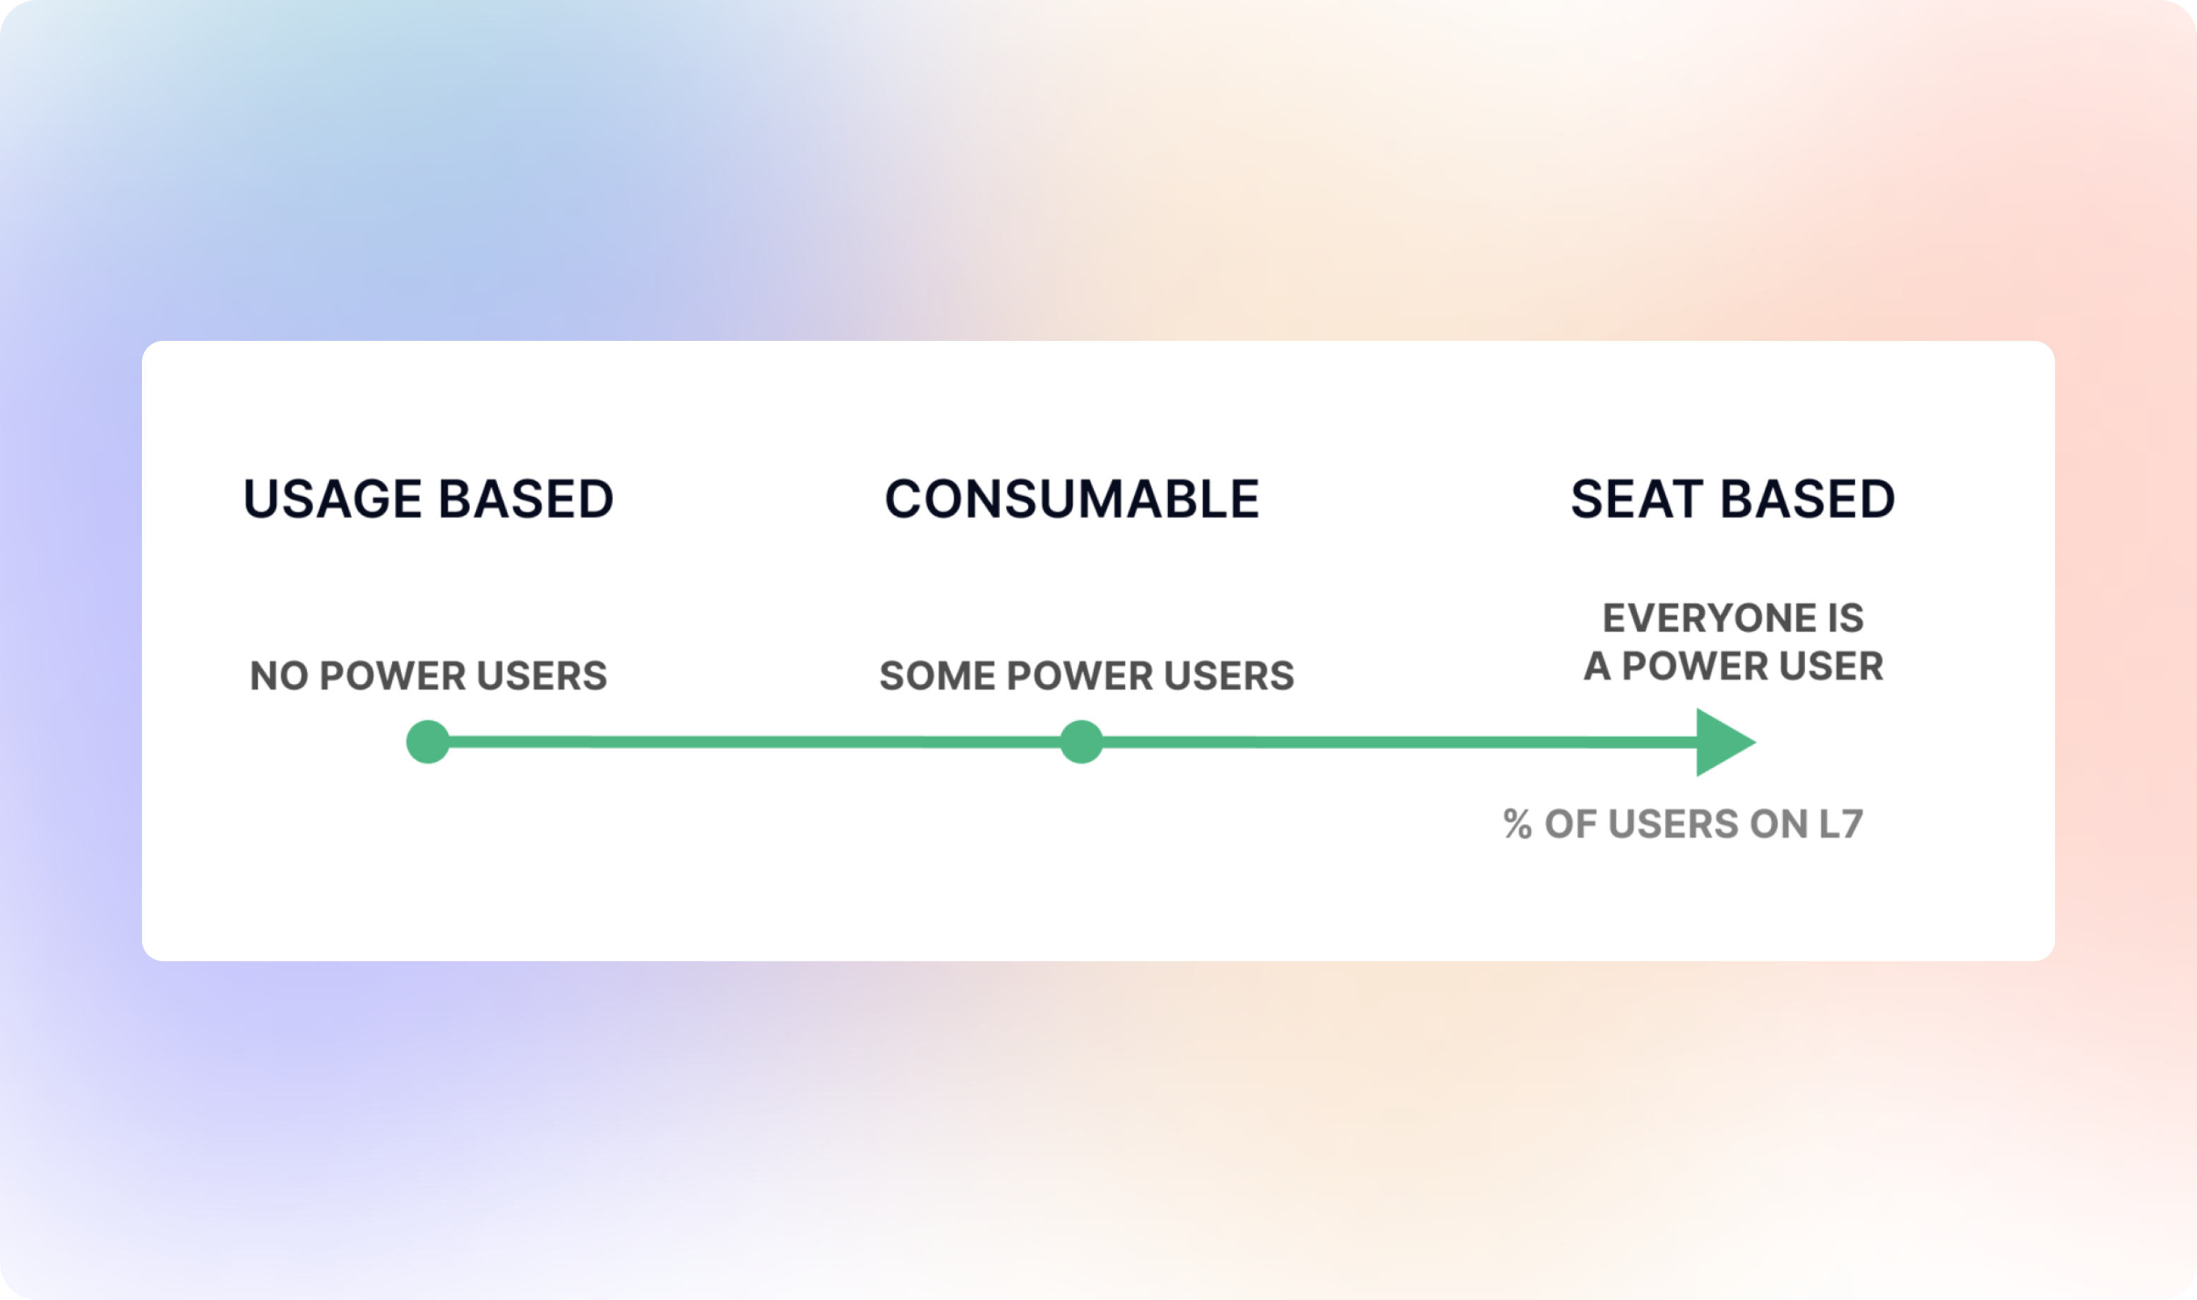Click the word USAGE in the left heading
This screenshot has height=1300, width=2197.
(x=333, y=500)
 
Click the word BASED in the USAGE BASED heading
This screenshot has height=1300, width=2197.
(x=527, y=500)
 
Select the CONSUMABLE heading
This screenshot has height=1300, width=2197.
(x=1072, y=500)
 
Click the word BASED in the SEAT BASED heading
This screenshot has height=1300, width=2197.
(x=1808, y=500)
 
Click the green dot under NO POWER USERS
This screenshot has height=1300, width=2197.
(x=428, y=742)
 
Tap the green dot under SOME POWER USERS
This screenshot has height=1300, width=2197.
(x=1081, y=742)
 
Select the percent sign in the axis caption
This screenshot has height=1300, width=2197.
(x=1518, y=824)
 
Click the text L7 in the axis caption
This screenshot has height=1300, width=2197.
(x=1840, y=824)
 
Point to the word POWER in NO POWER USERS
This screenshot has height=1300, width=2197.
(x=393, y=676)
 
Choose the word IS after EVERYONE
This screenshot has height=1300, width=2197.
(x=1845, y=618)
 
